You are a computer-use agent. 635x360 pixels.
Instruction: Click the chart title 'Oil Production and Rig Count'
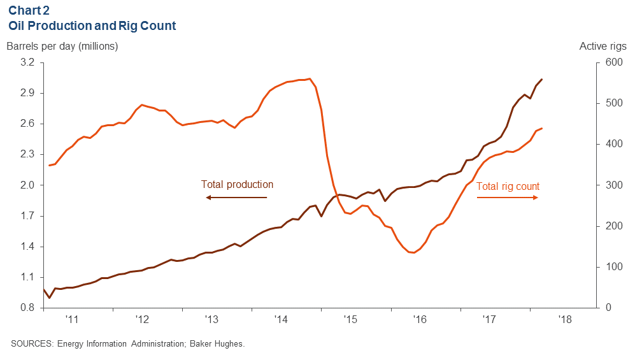point(92,26)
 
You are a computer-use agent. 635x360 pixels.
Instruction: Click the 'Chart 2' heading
point(28,11)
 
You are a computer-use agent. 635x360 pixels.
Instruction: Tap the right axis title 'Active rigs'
point(603,46)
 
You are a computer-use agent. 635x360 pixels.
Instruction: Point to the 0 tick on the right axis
point(608,308)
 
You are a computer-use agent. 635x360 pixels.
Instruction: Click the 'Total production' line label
point(237,185)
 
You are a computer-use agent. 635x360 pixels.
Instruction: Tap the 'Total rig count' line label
point(508,187)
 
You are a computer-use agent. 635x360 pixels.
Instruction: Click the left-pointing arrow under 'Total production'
point(236,198)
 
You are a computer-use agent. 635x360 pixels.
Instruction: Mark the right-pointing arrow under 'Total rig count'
point(508,198)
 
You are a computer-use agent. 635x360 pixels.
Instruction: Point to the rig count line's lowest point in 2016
point(413,253)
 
